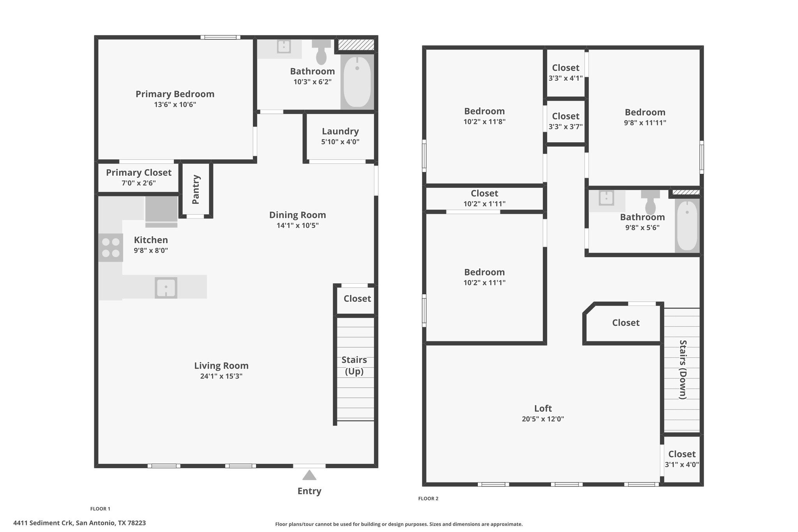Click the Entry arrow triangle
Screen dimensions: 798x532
(x=309, y=475)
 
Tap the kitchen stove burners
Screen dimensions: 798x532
(x=111, y=247)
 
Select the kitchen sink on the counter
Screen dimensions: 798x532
(x=166, y=288)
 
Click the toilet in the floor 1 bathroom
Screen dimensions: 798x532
(x=321, y=52)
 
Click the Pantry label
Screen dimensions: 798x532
(x=196, y=189)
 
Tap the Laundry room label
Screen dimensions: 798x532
(x=340, y=131)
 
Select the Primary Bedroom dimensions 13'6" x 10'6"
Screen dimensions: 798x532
(x=175, y=104)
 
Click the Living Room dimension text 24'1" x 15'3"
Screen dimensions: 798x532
(x=221, y=376)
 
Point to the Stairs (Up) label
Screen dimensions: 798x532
(x=354, y=366)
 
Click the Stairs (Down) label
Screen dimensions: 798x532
(x=683, y=369)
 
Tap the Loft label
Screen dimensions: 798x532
(x=543, y=408)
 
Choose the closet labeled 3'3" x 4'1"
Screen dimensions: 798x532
(x=566, y=72)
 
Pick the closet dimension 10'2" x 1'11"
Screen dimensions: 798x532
(x=484, y=204)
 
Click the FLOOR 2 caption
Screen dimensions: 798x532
(x=428, y=498)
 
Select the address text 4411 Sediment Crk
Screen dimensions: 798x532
(x=43, y=523)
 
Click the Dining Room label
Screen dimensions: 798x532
(x=298, y=215)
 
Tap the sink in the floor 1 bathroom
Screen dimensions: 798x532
(x=284, y=47)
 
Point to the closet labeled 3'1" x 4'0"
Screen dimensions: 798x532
(x=682, y=459)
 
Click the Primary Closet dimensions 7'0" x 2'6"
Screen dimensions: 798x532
(x=139, y=183)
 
